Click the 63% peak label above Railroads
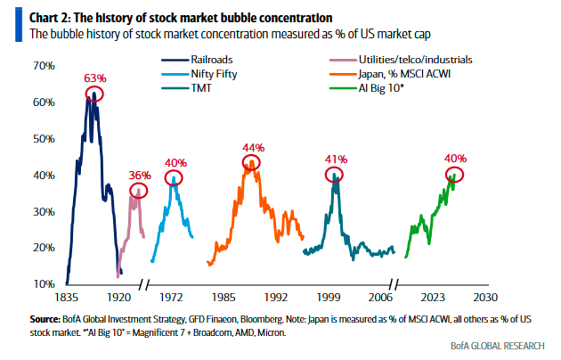95,78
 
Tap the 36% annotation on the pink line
140,176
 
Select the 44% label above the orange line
254,147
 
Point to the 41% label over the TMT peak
337,160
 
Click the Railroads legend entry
197,60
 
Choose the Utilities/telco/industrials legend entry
401,60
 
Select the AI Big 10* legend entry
367,88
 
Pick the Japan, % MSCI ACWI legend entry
390,74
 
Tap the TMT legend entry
186,88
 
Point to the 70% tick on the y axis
44,66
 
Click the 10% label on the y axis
44,284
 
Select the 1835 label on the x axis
66,298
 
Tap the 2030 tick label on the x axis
485,298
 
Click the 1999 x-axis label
329,298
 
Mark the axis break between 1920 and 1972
143,285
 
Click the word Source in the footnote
45,319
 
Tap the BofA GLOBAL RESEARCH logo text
497,346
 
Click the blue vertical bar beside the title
19,25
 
